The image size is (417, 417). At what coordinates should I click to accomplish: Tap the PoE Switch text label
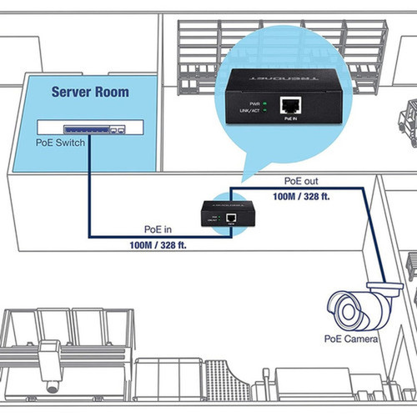59,142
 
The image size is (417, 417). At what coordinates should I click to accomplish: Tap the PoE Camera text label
351,339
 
